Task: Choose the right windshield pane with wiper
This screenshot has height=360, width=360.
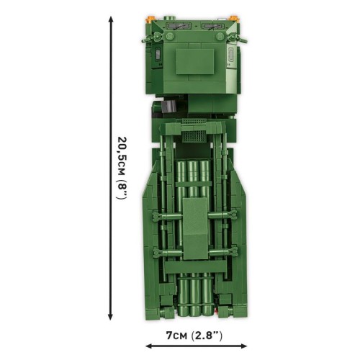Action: click(213, 30)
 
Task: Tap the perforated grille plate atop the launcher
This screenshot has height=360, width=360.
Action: click(194, 135)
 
